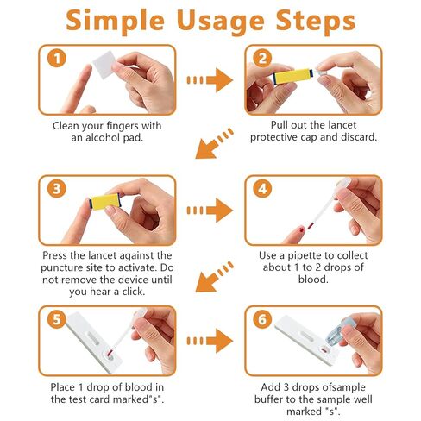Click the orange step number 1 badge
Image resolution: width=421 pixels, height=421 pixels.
tap(57, 58)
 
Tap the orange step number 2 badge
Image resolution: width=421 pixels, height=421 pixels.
tap(262, 58)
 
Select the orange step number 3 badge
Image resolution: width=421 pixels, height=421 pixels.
tap(57, 189)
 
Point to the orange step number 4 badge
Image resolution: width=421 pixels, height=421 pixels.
tap(262, 189)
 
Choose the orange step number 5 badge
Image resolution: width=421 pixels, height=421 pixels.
tap(57, 319)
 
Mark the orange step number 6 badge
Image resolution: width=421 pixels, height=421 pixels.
tap(262, 319)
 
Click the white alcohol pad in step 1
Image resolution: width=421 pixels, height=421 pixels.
tap(105, 65)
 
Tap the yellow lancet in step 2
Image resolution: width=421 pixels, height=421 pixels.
tap(292, 77)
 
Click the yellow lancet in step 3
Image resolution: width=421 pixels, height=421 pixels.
tap(105, 201)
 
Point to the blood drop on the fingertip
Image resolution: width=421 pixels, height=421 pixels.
tap(302, 229)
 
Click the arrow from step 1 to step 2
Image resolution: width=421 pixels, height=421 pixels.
tap(210, 80)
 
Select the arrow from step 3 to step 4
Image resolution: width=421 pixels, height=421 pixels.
tap(210, 210)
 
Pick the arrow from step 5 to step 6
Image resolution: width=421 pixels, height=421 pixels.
tap(210, 341)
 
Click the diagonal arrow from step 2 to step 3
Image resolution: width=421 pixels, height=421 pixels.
tap(214, 144)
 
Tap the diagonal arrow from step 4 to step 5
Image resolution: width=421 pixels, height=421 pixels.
tap(214, 277)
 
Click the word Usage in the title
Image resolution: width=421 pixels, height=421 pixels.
tap(220, 22)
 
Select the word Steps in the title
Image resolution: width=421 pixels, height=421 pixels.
tap(316, 22)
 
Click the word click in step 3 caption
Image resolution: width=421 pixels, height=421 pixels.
tap(134, 292)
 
